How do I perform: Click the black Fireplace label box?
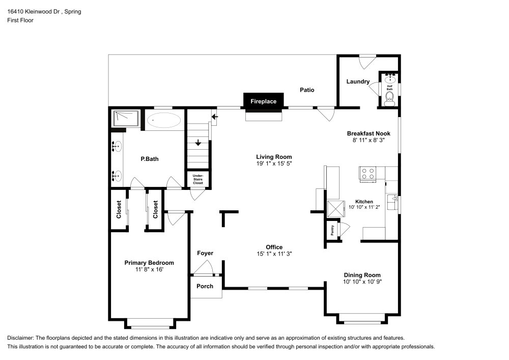263,101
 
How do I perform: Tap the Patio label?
306,90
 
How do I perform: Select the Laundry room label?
358,81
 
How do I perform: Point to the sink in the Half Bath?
391,78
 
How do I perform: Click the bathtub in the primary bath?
163,121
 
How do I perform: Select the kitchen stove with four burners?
367,174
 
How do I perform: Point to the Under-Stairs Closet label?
197,179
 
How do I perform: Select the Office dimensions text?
274,254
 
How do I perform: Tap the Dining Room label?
361,275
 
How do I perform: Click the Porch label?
205,286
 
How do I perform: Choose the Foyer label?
205,253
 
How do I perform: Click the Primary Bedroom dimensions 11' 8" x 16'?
149,270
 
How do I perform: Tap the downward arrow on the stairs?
198,143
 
